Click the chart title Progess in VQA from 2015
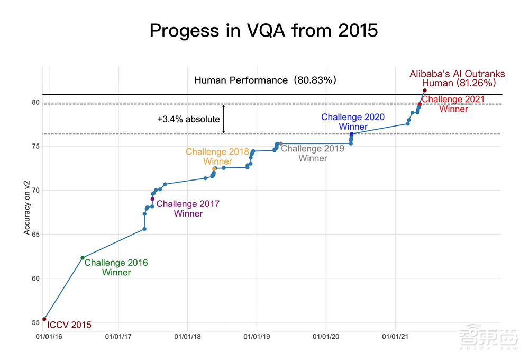[x=263, y=30]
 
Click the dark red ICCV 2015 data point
[x=44, y=319]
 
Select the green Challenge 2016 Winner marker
[x=83, y=258]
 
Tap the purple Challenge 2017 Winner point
[x=152, y=199]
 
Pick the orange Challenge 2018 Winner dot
[x=214, y=169]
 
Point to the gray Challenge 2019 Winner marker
[x=280, y=143]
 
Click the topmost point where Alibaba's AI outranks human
[x=425, y=91]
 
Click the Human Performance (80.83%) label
[x=265, y=80]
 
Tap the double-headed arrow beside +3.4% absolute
[x=224, y=119]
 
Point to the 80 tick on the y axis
[x=35, y=102]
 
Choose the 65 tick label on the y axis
[x=35, y=234]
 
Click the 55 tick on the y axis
[x=35, y=322]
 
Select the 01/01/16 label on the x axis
[x=49, y=337]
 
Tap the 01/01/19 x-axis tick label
[x=257, y=337]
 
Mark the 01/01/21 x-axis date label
[x=395, y=337]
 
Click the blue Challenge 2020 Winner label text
[x=353, y=122]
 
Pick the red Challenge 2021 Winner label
[x=453, y=104]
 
